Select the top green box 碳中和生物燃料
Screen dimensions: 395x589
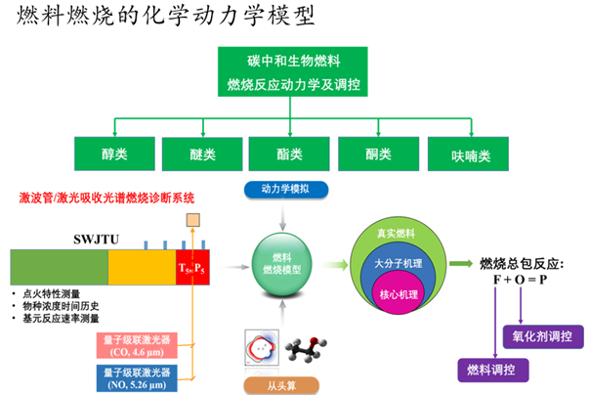(x=293, y=71)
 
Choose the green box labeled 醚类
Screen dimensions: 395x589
(x=202, y=154)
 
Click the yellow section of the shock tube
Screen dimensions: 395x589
(x=142, y=266)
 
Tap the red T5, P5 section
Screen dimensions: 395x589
(x=190, y=267)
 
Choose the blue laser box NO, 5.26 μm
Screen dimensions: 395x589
(x=143, y=376)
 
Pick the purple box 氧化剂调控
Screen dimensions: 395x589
(x=542, y=336)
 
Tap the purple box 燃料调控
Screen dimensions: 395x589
(x=493, y=370)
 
